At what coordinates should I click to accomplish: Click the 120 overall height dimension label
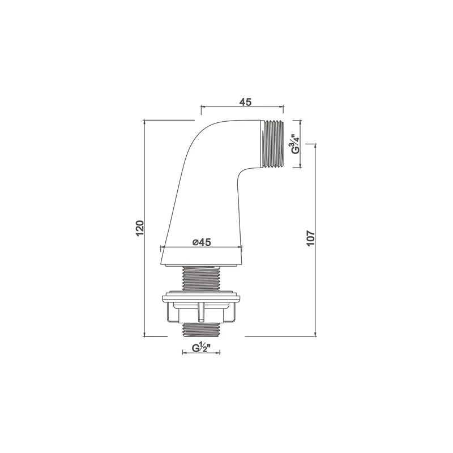point(139,228)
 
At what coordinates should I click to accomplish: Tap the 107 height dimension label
point(310,238)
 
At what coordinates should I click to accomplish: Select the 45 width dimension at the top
point(245,102)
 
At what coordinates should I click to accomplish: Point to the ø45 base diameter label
point(202,242)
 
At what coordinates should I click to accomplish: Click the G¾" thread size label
point(295,144)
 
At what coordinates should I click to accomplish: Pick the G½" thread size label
point(200,348)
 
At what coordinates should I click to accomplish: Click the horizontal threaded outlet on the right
point(273,144)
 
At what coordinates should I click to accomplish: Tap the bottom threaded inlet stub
point(201,330)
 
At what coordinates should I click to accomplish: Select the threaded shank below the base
point(201,277)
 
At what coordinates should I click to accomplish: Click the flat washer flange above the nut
point(201,298)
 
